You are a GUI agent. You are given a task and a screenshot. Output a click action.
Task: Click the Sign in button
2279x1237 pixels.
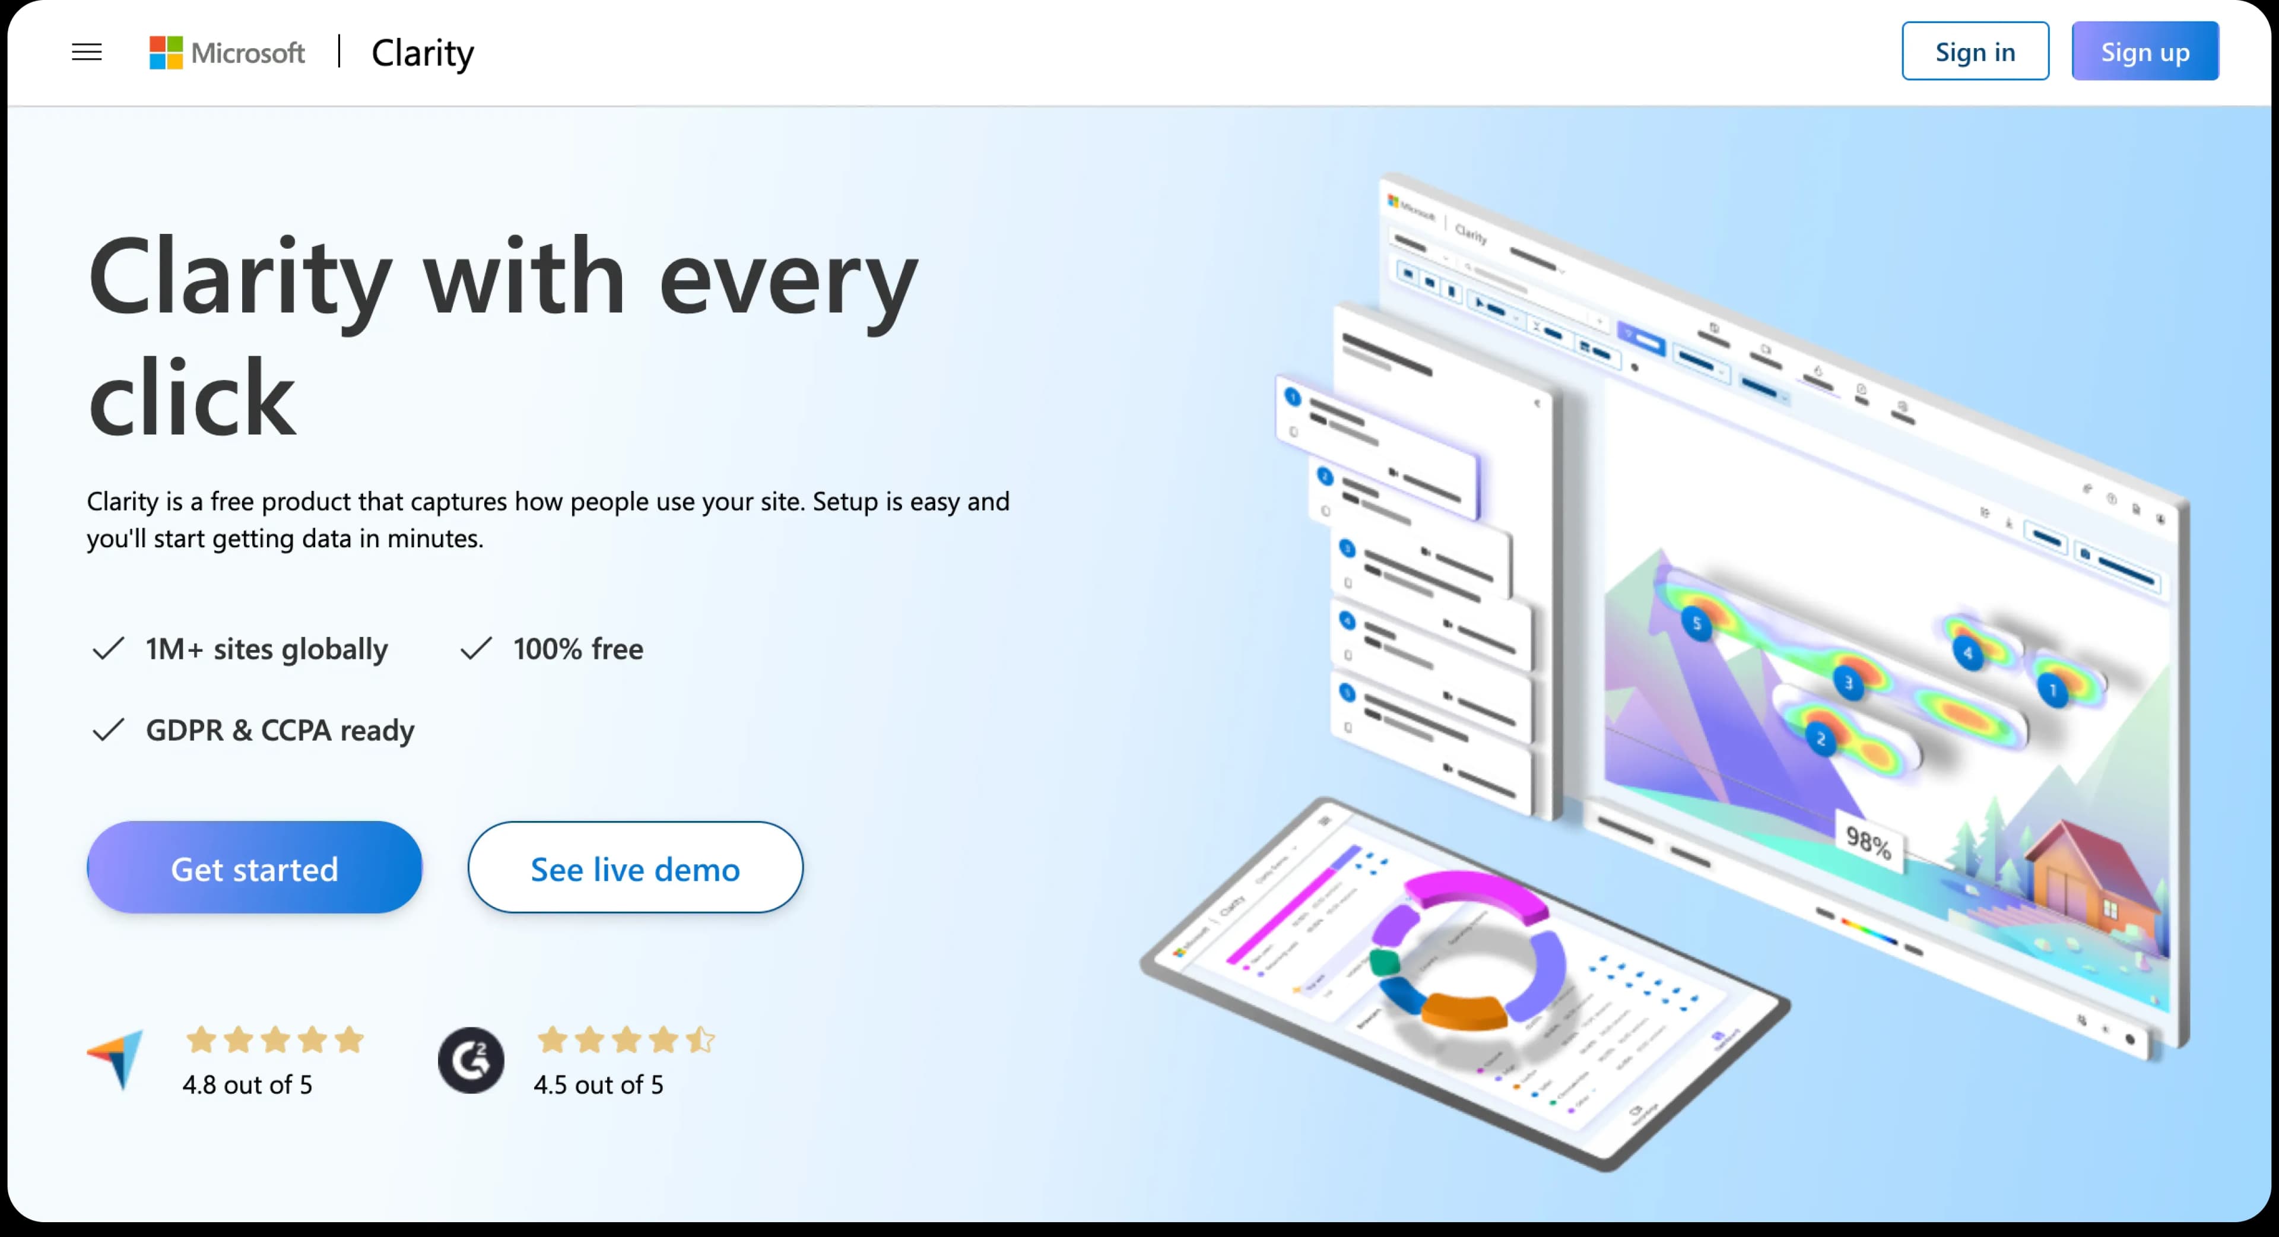(x=1974, y=51)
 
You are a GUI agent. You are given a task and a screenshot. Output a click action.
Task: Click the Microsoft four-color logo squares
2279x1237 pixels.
(x=166, y=52)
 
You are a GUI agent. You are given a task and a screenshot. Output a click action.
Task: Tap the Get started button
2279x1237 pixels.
(x=254, y=868)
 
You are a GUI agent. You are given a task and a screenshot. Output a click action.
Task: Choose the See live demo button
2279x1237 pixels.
(x=634, y=868)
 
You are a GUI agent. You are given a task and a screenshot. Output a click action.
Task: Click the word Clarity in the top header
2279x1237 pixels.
(x=422, y=53)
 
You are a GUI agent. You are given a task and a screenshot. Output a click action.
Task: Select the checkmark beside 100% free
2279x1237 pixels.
(x=475, y=649)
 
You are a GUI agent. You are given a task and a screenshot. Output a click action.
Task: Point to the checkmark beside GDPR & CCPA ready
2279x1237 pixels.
(x=108, y=730)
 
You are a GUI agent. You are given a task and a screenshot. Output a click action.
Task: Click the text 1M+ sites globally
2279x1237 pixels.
(x=266, y=649)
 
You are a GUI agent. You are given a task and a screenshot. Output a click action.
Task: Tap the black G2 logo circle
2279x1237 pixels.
(x=471, y=1059)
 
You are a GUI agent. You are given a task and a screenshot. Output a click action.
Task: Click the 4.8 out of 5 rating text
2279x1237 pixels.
(x=247, y=1085)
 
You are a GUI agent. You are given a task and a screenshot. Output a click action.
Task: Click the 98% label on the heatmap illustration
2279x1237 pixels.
(x=1868, y=842)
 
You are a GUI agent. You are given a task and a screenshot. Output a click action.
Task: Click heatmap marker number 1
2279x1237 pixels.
(x=2052, y=689)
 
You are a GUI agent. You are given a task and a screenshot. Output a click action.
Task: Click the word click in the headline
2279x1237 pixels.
(x=191, y=398)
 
